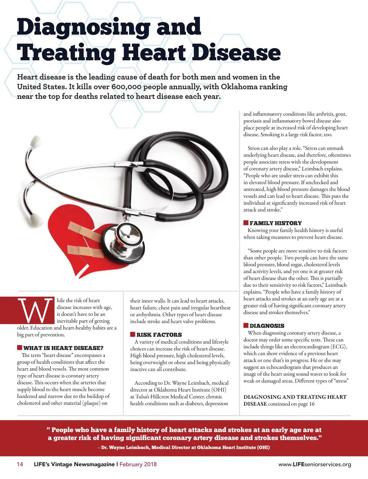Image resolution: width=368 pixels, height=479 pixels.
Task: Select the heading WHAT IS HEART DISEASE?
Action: [63, 348]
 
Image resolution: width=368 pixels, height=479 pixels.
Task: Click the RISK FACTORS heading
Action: [159, 335]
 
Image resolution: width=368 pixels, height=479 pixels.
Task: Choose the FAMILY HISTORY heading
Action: [275, 223]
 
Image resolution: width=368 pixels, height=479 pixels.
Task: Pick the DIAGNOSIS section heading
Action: [267, 326]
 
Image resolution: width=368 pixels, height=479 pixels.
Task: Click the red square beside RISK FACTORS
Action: [132, 334]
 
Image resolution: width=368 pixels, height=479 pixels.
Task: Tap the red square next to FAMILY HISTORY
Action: [246, 223]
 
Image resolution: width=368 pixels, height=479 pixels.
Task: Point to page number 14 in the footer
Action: [20, 464]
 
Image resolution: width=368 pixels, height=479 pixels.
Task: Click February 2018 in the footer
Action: [138, 464]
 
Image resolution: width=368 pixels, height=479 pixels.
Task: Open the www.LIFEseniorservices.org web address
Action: [315, 465]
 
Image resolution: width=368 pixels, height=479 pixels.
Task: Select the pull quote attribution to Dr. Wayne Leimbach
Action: [184, 447]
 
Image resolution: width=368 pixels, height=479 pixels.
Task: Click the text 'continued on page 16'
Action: [291, 404]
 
